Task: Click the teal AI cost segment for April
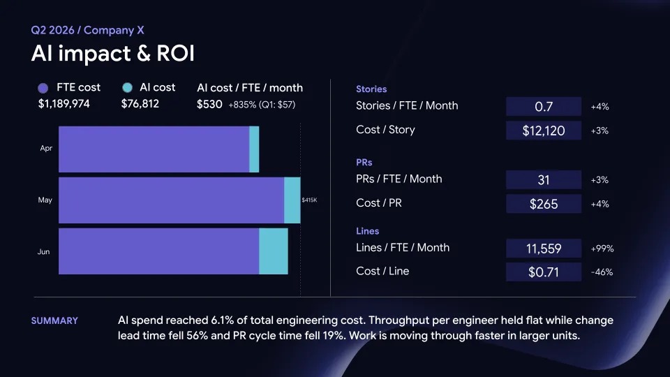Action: tap(254, 149)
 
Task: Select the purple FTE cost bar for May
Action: tap(172, 200)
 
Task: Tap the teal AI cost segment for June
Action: tap(274, 251)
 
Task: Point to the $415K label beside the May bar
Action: tap(309, 200)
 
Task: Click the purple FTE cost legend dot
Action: tap(43, 88)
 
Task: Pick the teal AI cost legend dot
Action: tap(127, 88)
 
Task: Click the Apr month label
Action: tap(46, 148)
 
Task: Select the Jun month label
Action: tap(43, 252)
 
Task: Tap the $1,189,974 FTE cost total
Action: tap(64, 104)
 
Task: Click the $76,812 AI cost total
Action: tap(140, 104)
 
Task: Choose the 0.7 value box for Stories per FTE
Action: tap(544, 106)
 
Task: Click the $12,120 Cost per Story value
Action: tap(544, 131)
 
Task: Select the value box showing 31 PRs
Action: tap(544, 180)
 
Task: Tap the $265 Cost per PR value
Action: tap(544, 204)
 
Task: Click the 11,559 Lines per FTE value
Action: tap(544, 249)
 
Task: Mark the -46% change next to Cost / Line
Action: tap(602, 272)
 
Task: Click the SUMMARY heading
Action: tap(54, 320)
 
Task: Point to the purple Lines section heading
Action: tap(368, 231)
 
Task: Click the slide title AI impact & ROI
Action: tap(113, 54)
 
